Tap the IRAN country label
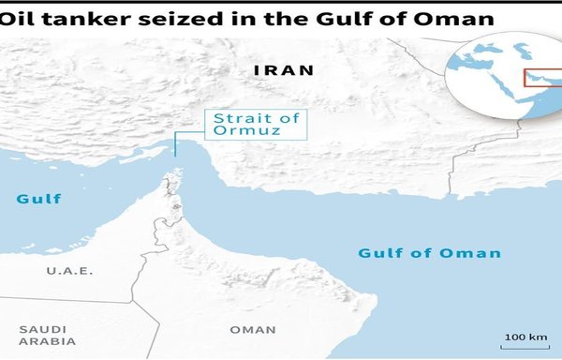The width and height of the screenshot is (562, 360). coord(284,70)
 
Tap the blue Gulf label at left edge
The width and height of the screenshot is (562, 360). coord(38,199)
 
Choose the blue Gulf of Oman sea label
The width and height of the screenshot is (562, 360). coord(429,253)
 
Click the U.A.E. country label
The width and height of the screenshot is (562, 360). coord(67,271)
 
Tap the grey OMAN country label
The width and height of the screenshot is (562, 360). coord(253,329)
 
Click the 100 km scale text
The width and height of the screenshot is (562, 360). coord(525,336)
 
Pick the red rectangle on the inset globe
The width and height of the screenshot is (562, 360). coord(543,78)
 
